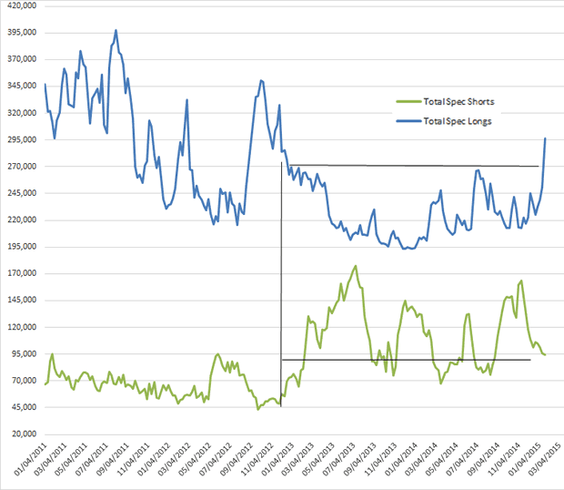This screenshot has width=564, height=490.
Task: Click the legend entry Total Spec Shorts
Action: click(x=459, y=102)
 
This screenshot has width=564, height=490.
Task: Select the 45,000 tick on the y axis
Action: click(x=21, y=407)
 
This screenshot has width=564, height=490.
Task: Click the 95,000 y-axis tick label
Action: click(x=21, y=353)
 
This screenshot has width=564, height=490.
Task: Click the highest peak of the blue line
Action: click(x=116, y=30)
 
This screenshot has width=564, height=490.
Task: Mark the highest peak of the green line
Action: click(x=356, y=266)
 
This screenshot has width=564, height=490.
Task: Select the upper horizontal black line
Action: click(x=409, y=166)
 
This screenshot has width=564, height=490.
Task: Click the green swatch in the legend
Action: click(x=407, y=102)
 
